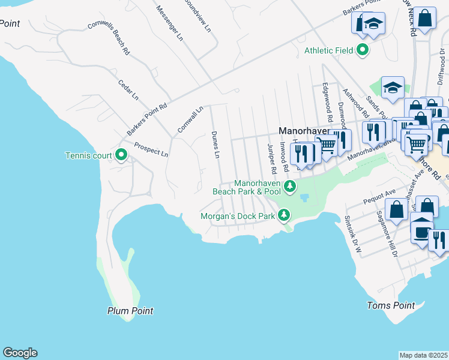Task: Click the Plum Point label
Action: pyautogui.click(x=130, y=311)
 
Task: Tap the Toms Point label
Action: pyautogui.click(x=390, y=305)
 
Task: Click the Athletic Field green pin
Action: pyautogui.click(x=363, y=50)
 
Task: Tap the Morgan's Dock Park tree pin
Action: pyautogui.click(x=283, y=215)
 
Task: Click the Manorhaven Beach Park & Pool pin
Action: pyautogui.click(x=290, y=187)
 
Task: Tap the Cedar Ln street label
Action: pyautogui.click(x=128, y=89)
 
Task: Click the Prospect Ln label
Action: pyautogui.click(x=151, y=149)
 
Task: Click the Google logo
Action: pyautogui.click(x=20, y=353)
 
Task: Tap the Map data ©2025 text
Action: pyautogui.click(x=423, y=355)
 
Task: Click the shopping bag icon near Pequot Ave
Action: pyautogui.click(x=397, y=209)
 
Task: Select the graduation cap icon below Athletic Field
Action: pyautogui.click(x=393, y=88)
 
